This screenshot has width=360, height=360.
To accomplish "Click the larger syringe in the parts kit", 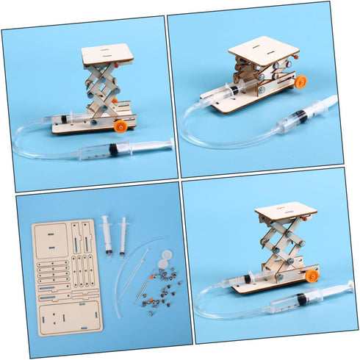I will (x=107, y=234).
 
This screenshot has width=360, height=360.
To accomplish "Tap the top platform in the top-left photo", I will (x=107, y=53).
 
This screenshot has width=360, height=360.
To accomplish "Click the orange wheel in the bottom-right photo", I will (x=313, y=276).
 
